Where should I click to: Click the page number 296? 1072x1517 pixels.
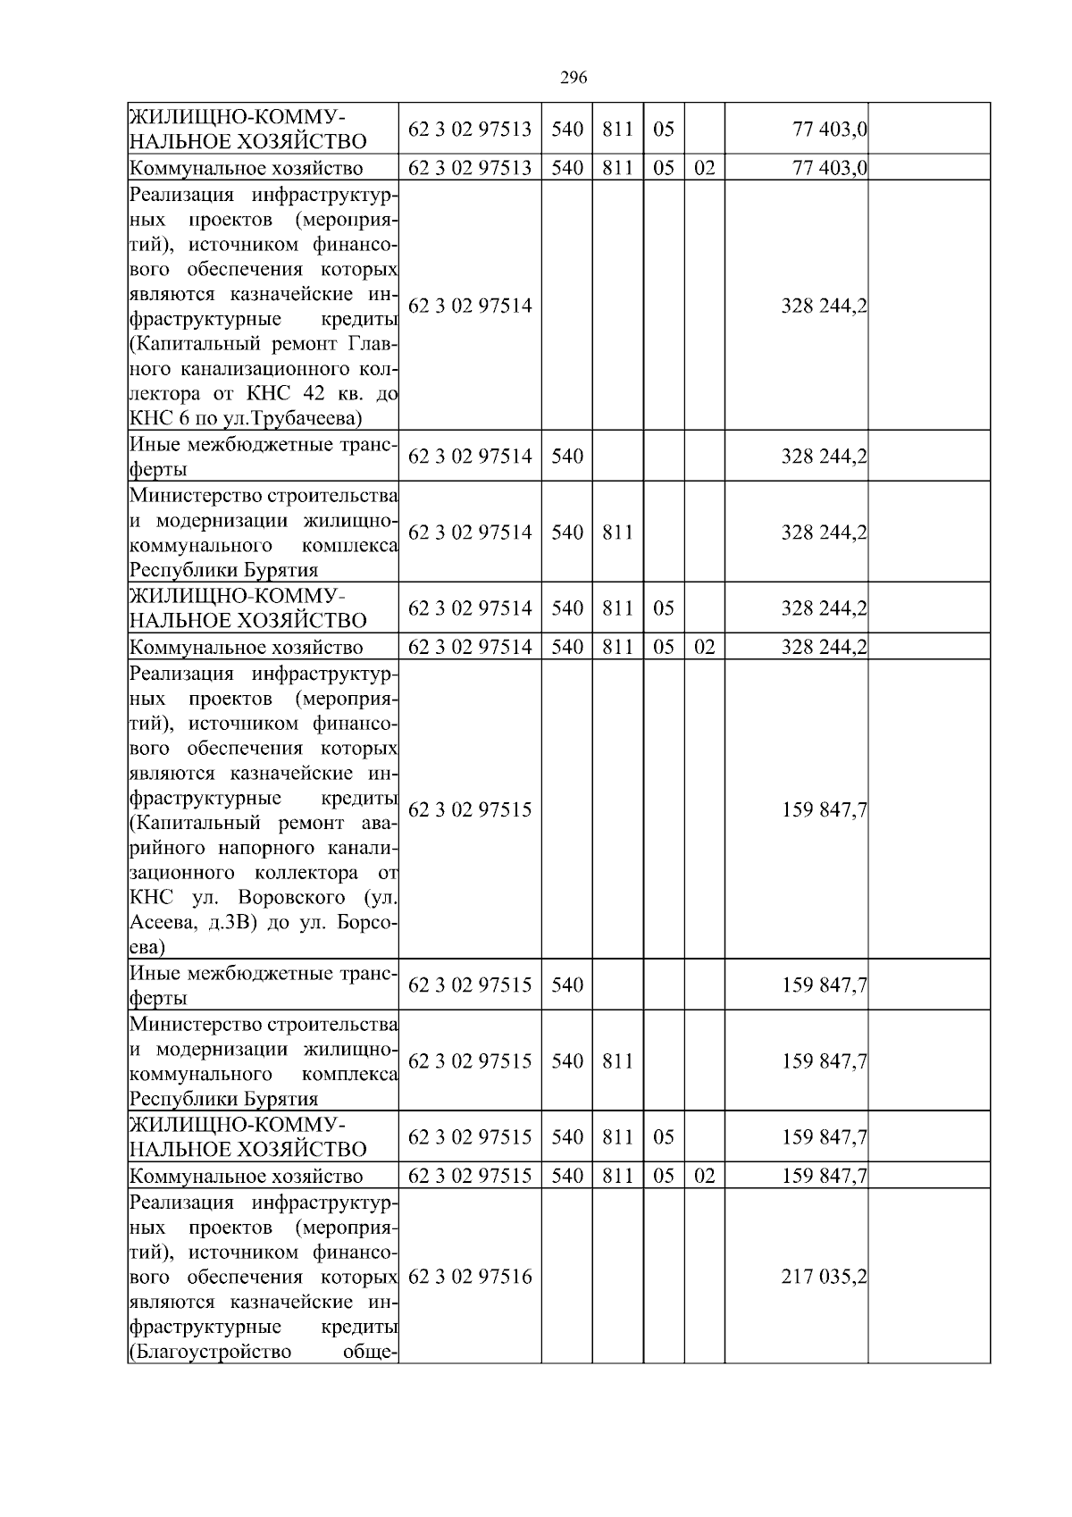pyautogui.click(x=573, y=78)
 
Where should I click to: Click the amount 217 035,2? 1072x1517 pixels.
pyautogui.click(x=824, y=1277)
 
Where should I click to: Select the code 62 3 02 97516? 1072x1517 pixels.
pyautogui.click(x=470, y=1277)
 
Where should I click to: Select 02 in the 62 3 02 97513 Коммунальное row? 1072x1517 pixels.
pyautogui.click(x=704, y=167)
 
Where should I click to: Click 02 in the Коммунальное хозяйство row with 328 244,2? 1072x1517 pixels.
pyautogui.click(x=704, y=647)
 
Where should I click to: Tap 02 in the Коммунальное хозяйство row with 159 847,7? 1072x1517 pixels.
pyautogui.click(x=704, y=1175)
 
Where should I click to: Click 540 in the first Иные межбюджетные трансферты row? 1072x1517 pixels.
pyautogui.click(x=566, y=457)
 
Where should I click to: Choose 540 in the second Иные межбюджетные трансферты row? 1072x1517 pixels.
pyautogui.click(x=566, y=985)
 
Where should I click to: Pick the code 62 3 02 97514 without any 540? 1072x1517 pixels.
pyautogui.click(x=470, y=306)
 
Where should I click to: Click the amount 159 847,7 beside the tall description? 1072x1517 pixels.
pyautogui.click(x=824, y=809)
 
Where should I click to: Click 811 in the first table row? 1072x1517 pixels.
pyautogui.click(x=617, y=129)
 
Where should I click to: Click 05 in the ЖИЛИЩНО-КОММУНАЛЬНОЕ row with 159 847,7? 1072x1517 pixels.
pyautogui.click(x=663, y=1136)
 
